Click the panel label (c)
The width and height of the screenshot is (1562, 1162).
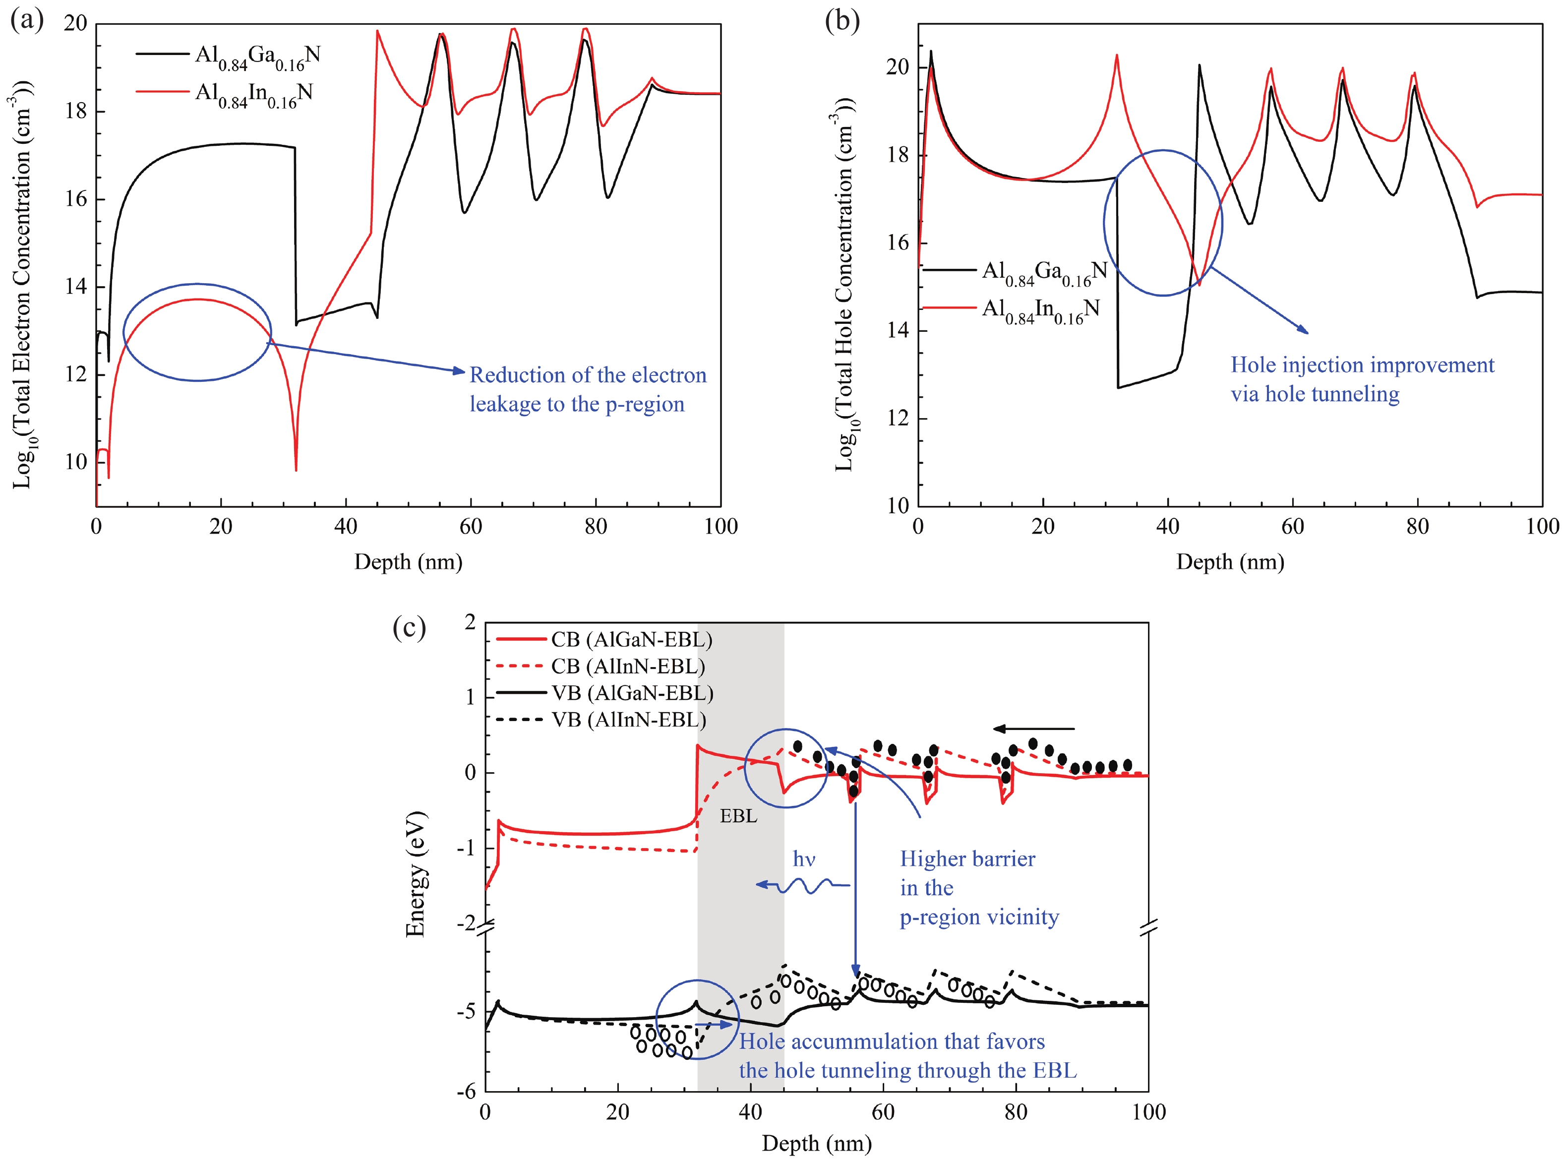coord(409,627)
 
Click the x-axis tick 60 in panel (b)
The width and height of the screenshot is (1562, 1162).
coord(1292,526)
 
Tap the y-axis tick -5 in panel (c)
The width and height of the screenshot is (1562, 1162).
coord(466,1011)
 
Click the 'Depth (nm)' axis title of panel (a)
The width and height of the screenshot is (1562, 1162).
coord(408,562)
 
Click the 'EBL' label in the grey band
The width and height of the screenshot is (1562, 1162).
coord(738,816)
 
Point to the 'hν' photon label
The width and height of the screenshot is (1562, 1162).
coord(803,859)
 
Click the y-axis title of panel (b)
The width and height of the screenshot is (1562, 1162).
coord(843,281)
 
